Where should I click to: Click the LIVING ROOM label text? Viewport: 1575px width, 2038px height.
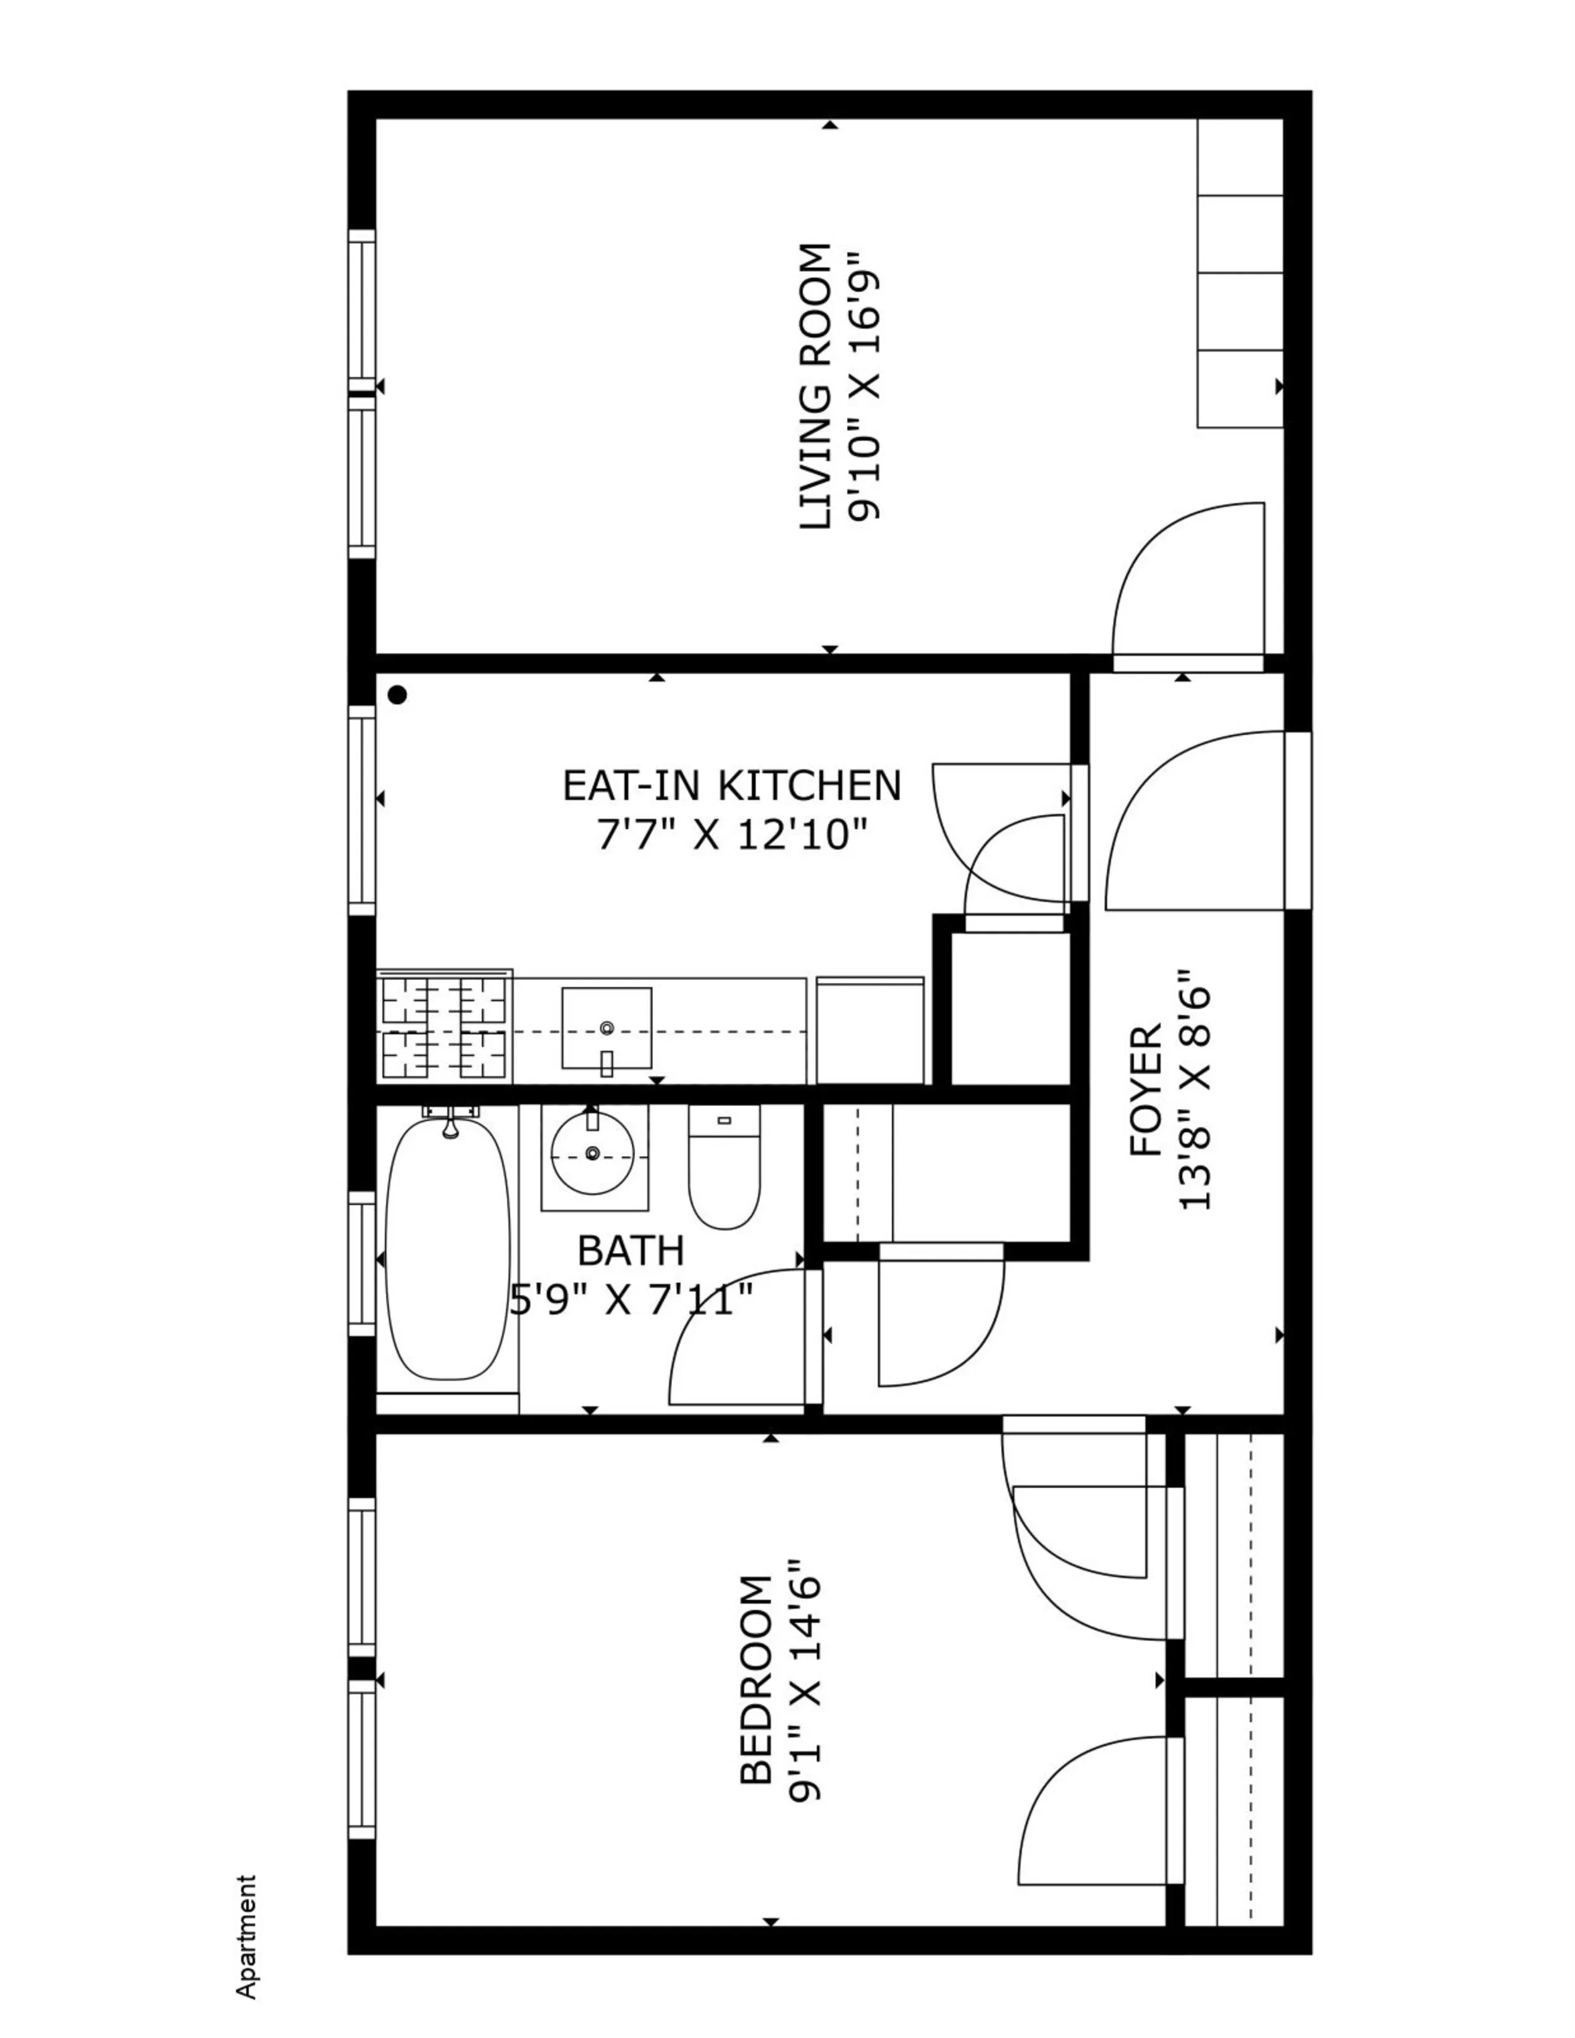[815, 387]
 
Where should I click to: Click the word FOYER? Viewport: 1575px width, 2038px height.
[1146, 1092]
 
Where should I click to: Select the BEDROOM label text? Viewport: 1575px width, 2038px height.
[756, 1680]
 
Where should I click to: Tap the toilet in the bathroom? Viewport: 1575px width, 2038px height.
[724, 1168]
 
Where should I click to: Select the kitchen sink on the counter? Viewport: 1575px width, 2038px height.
[607, 1028]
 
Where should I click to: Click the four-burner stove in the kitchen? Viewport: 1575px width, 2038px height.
[444, 1028]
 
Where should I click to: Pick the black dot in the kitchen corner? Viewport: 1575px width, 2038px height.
[398, 694]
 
